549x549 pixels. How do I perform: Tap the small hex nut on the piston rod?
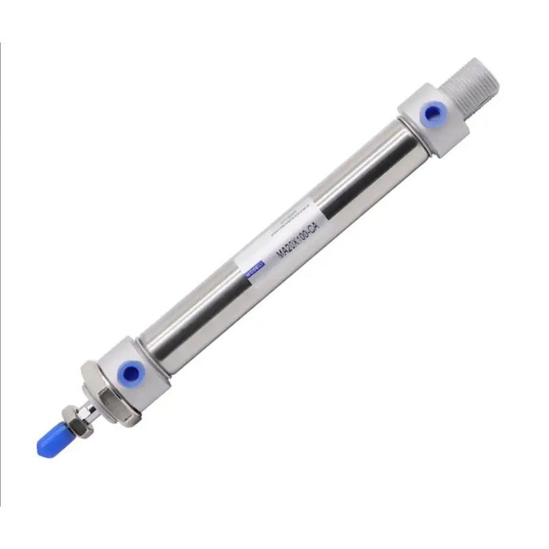[69, 417]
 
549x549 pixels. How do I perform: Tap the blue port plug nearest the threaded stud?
[432, 113]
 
